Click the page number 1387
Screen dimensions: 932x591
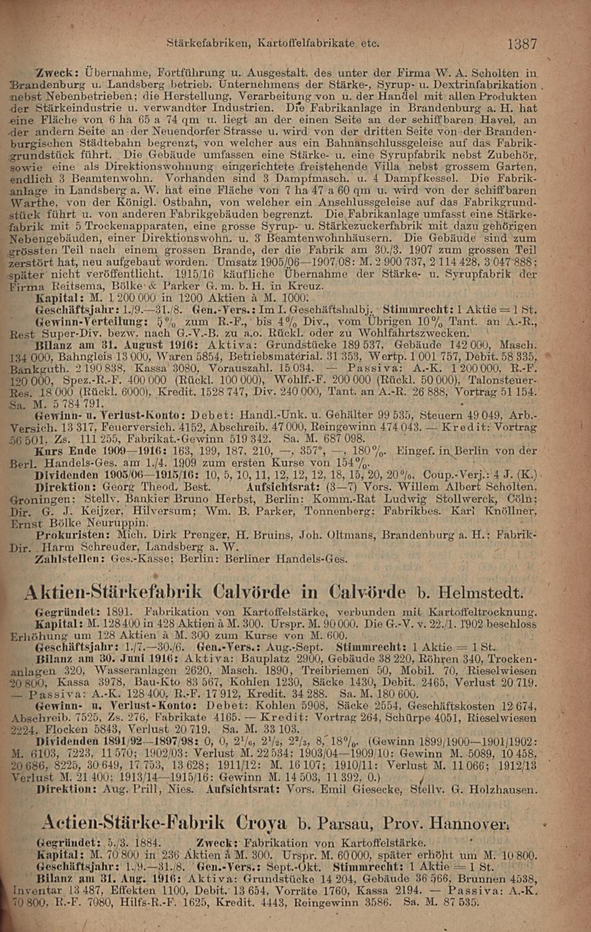point(522,44)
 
